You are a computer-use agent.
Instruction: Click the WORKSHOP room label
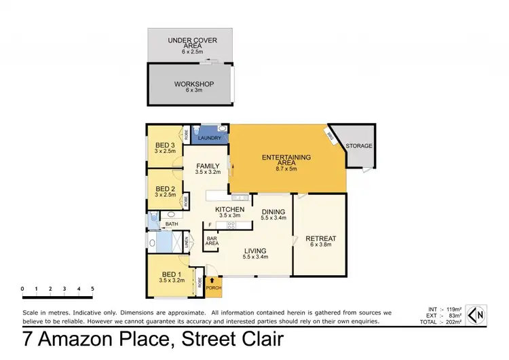coord(193,84)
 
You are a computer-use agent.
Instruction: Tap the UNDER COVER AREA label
coord(192,43)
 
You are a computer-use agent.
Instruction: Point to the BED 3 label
coord(166,145)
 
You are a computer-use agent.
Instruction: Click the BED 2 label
coord(166,190)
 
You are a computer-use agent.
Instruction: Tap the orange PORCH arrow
coord(214,279)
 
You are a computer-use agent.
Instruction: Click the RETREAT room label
coord(321,238)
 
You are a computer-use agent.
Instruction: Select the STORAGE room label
coord(359,145)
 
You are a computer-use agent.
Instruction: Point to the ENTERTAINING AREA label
coord(286,160)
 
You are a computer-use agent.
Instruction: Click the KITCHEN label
coord(229,209)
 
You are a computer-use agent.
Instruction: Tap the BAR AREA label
coord(212,239)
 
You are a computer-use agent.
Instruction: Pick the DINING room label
coord(274,211)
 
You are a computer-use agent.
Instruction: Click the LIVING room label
coord(257,250)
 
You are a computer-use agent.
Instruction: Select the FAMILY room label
coord(208,166)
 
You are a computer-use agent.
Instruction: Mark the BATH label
coord(172,223)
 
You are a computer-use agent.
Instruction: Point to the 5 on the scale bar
coord(92,289)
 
